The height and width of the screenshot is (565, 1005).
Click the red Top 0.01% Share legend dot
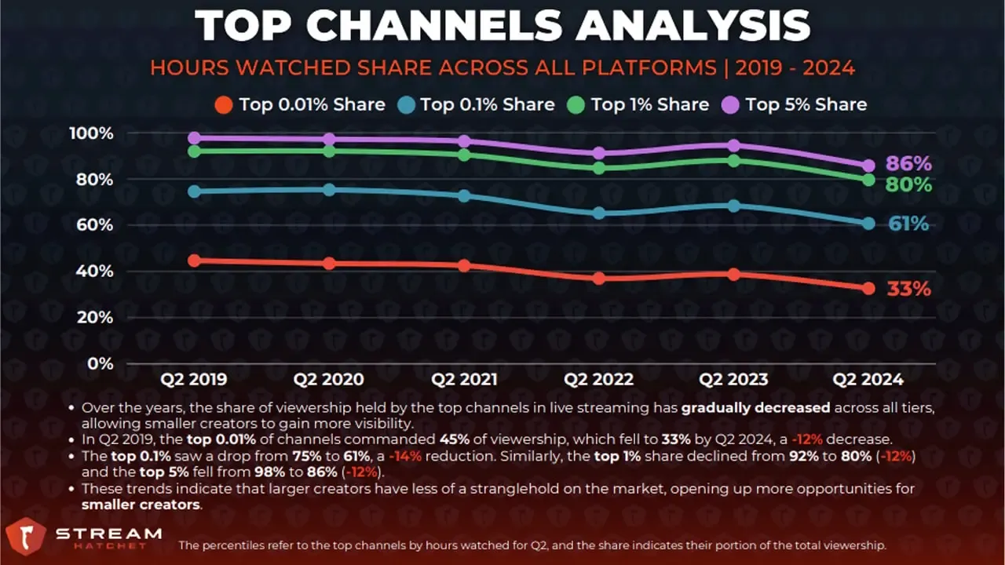(224, 105)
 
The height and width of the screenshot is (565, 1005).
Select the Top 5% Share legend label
(806, 104)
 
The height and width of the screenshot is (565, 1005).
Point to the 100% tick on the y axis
(92, 133)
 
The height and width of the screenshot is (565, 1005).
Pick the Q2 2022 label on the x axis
(598, 379)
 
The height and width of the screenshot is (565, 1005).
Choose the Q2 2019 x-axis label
(193, 379)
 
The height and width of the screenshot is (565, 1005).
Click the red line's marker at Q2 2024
(868, 288)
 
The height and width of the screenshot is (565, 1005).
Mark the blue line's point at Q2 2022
(599, 213)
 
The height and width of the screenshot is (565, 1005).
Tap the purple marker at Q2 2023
(734, 146)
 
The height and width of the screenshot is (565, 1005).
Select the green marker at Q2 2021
(464, 155)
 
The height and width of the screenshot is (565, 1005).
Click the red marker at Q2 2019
(194, 261)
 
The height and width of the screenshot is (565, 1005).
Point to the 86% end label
(908, 164)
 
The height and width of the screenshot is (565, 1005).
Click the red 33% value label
(908, 289)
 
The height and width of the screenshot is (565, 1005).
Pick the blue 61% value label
(908, 224)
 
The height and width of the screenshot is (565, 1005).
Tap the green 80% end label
(908, 185)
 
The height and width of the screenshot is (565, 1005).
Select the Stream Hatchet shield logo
(26, 536)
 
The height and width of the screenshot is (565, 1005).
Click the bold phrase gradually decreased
(755, 408)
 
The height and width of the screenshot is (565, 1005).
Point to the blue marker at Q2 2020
(329, 190)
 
